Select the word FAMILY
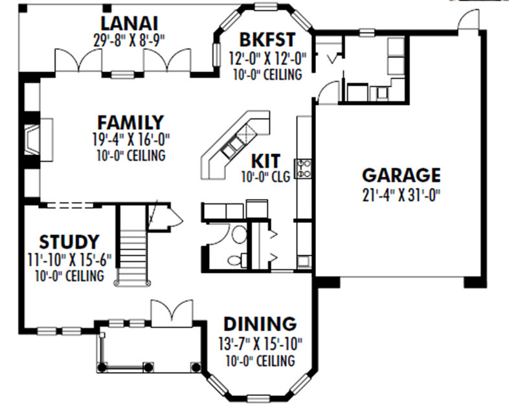130,122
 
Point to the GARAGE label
401,175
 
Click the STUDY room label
69,242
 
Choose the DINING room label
260,323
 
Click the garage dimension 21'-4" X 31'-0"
401,193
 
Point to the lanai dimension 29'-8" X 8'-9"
130,38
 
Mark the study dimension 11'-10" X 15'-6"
69,260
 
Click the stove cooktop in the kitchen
303,168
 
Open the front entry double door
171,314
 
